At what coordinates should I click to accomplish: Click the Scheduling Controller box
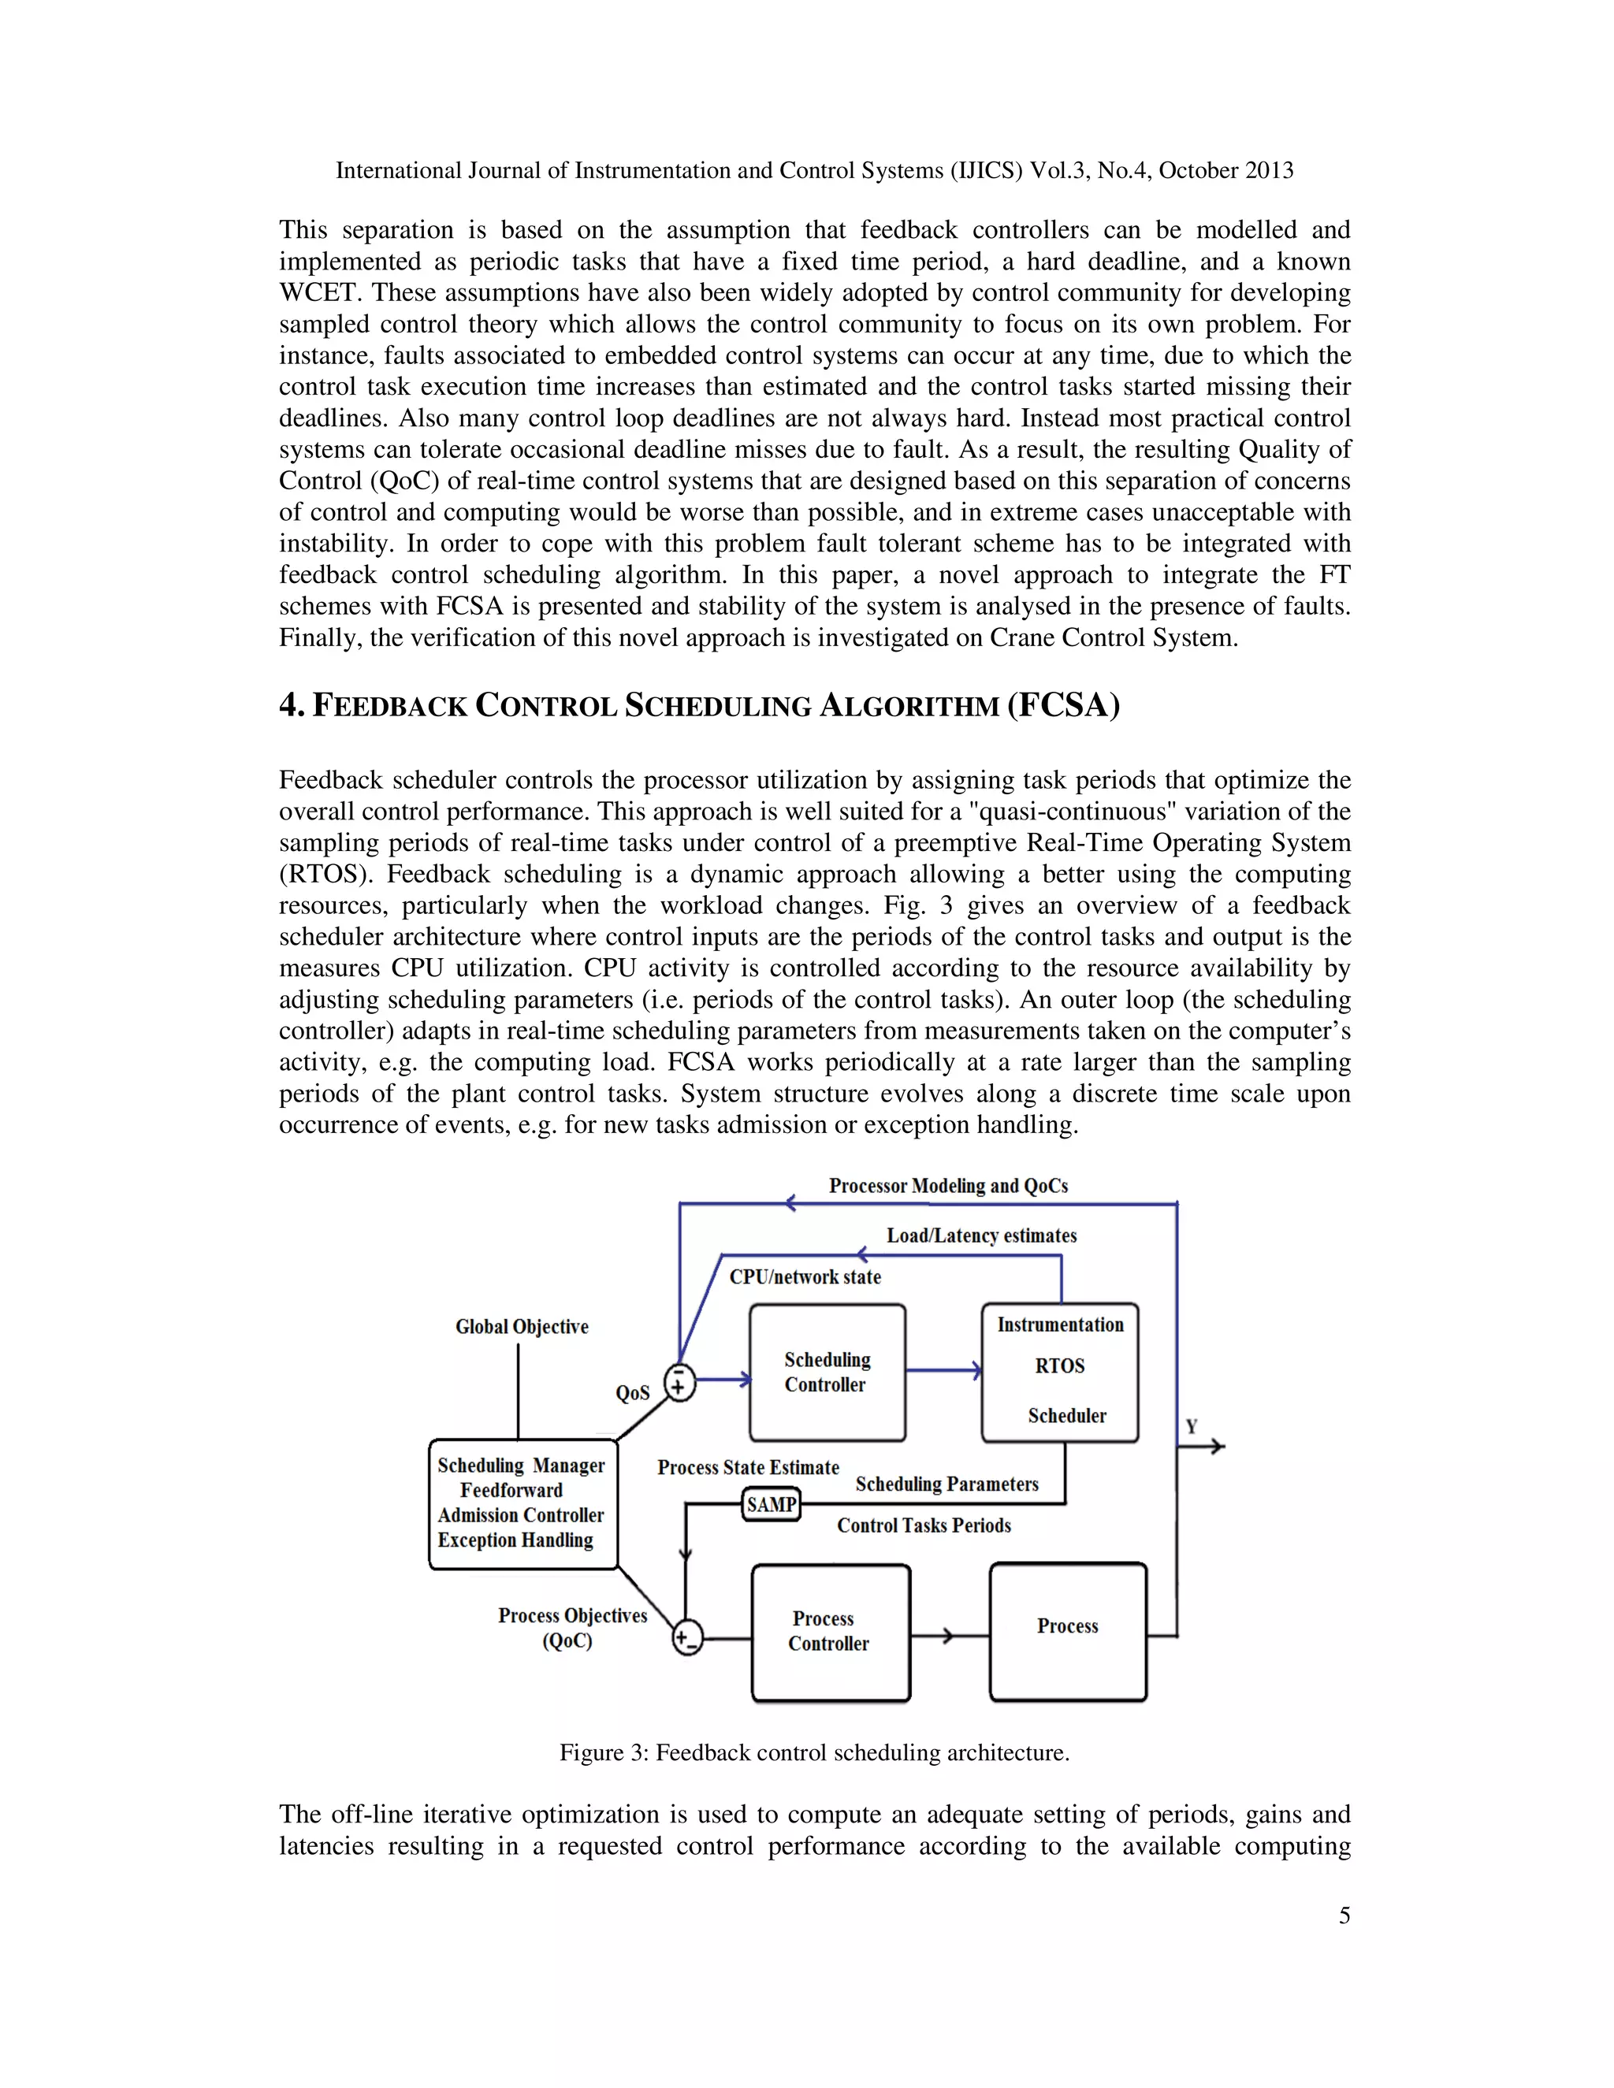pos(827,1372)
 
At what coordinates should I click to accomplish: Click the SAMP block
pos(772,1505)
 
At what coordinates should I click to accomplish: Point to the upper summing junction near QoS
pos(679,1381)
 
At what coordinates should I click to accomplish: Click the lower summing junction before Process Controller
pos(686,1638)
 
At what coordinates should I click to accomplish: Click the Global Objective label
pos(521,1326)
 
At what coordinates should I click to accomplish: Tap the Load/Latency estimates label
pos(981,1235)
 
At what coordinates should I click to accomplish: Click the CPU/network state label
pos(805,1276)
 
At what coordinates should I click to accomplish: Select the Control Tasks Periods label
pos(924,1525)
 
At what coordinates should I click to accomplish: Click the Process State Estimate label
pos(748,1468)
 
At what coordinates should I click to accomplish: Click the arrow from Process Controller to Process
pos(946,1636)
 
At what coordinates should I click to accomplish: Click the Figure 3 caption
pos(813,1752)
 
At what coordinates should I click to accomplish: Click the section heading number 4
pos(291,704)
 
